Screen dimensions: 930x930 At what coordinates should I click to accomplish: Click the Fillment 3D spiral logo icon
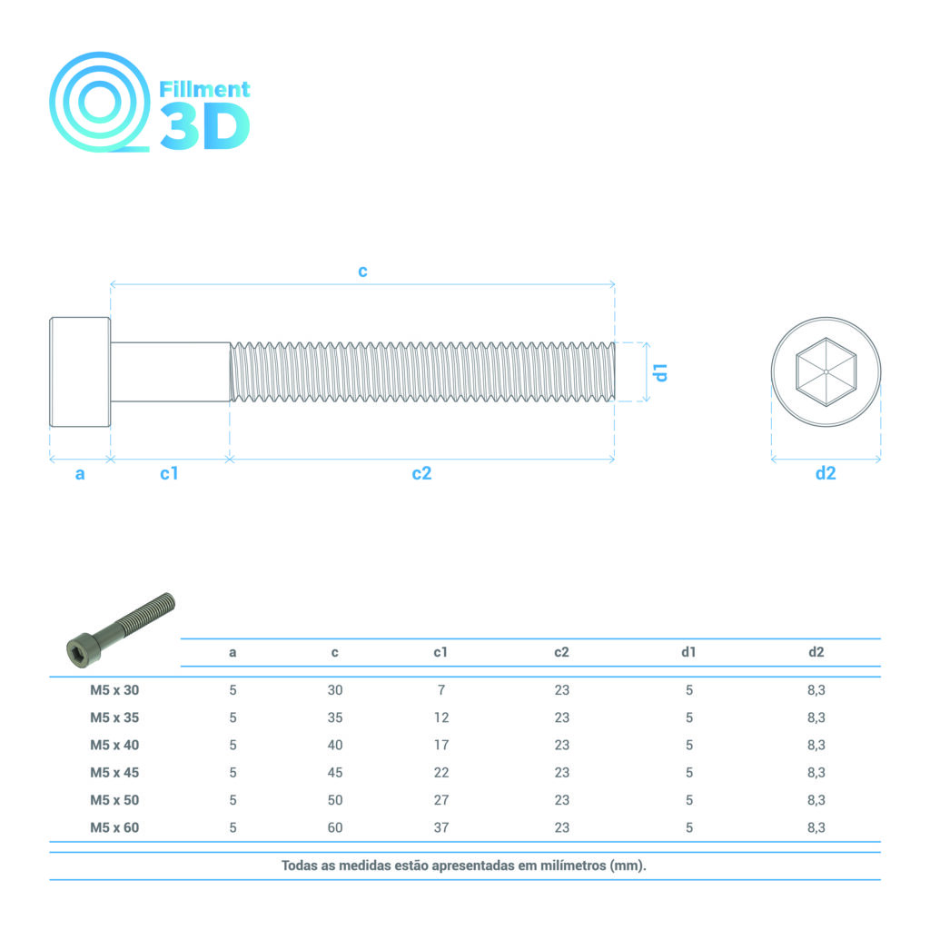coord(99,102)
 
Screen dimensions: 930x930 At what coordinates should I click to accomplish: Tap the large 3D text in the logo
coord(205,126)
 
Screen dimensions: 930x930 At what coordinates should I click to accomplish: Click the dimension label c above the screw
coord(362,271)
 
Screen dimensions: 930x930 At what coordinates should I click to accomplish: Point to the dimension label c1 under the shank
coord(169,472)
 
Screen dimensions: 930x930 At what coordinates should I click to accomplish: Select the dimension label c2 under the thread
coord(421,472)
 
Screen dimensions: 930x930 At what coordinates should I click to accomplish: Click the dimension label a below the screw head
coord(80,474)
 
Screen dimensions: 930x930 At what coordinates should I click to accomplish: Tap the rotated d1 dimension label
coord(659,372)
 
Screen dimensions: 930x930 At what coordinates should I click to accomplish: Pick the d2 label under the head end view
coord(826,472)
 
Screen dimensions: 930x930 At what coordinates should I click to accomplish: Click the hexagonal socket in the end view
coord(826,371)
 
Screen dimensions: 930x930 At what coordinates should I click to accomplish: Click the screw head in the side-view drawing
coord(80,371)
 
